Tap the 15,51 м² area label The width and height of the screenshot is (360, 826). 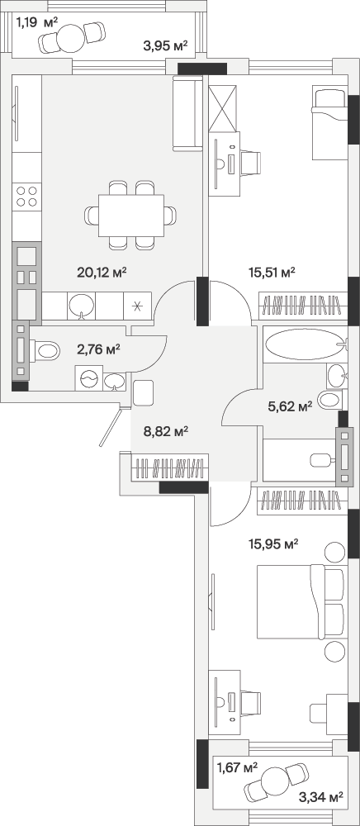tap(272, 272)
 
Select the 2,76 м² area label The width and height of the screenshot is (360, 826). tap(99, 349)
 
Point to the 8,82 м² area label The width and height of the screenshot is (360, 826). tap(166, 432)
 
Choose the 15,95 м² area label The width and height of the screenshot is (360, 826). tap(273, 544)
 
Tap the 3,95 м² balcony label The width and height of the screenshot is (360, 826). tap(166, 45)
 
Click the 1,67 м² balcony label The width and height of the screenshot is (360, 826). tap(237, 767)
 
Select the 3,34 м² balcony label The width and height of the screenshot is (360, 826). tap(320, 796)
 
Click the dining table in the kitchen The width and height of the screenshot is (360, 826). tap(131, 215)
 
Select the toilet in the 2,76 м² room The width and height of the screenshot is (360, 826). tap(45, 349)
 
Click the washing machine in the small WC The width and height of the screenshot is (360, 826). tap(89, 378)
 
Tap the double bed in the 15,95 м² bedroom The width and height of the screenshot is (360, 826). tap(302, 601)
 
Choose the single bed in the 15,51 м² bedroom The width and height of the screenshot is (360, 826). tap(330, 123)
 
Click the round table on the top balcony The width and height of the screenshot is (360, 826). tap(70, 38)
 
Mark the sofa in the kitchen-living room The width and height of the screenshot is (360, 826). tap(188, 113)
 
